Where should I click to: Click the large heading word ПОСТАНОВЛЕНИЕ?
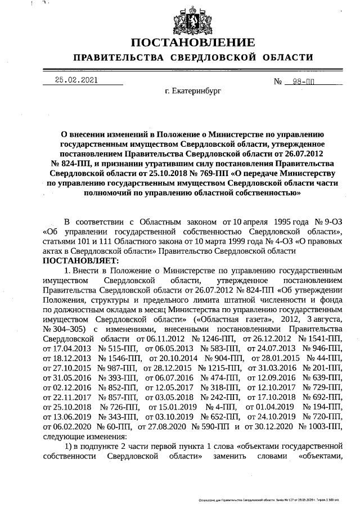(x=193, y=43)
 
